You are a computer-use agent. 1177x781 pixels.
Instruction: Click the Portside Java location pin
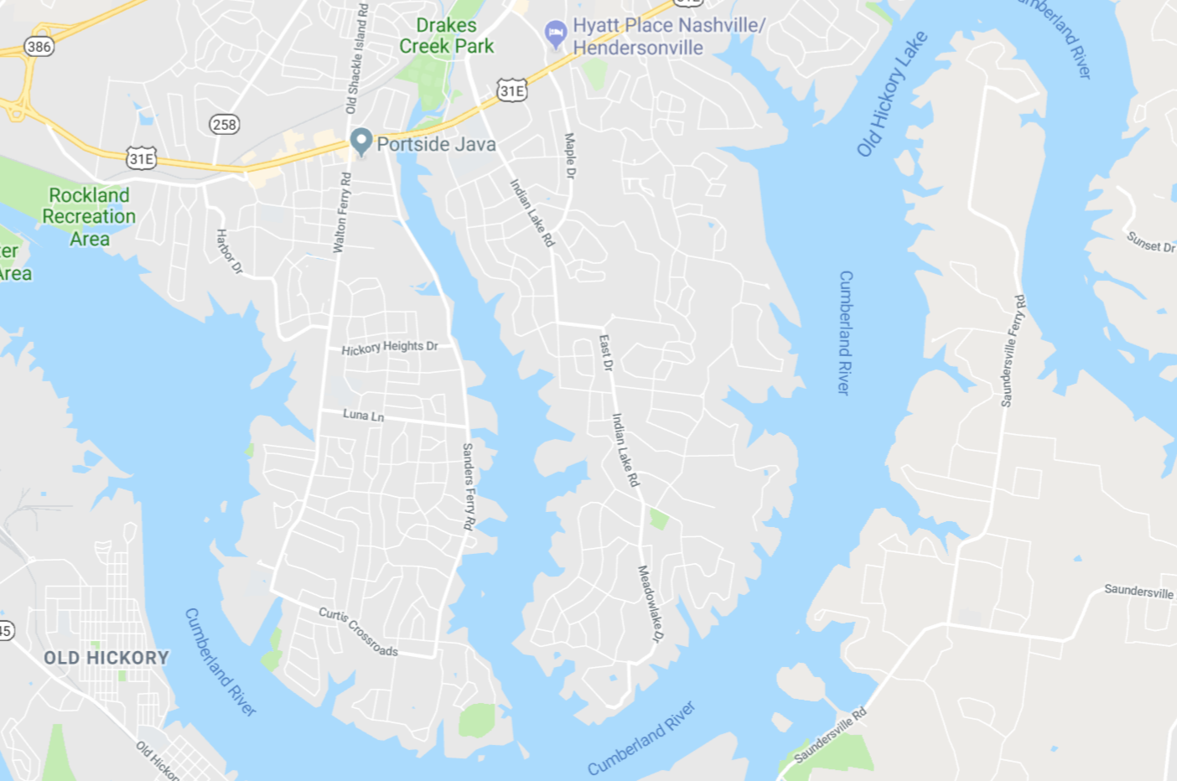[361, 142]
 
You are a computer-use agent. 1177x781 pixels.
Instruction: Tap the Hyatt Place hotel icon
[555, 34]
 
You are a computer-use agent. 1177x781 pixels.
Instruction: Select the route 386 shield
[39, 47]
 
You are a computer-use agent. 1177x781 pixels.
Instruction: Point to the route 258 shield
[224, 125]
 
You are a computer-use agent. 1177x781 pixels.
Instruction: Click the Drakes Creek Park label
[446, 36]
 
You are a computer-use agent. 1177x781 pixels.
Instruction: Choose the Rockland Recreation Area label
[89, 217]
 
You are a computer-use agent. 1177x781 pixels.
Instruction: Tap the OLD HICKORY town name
[106, 658]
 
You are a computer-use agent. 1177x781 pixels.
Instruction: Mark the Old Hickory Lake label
[891, 94]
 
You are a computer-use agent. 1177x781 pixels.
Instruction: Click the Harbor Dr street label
[229, 251]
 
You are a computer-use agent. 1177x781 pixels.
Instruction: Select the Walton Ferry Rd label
[342, 213]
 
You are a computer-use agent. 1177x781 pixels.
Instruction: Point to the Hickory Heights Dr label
[390, 348]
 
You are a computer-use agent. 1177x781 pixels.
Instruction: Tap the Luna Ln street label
[363, 415]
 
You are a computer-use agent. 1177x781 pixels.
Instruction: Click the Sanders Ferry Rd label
[469, 486]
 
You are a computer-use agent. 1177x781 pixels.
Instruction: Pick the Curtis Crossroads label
[358, 631]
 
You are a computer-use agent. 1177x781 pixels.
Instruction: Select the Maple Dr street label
[570, 156]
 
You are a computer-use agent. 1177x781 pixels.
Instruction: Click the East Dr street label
[605, 353]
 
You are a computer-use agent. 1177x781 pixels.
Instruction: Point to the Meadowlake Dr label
[650, 603]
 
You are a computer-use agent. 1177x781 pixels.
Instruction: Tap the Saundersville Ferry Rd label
[1013, 350]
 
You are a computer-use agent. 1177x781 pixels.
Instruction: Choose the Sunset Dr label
[1150, 242]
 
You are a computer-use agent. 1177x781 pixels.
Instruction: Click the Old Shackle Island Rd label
[357, 59]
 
